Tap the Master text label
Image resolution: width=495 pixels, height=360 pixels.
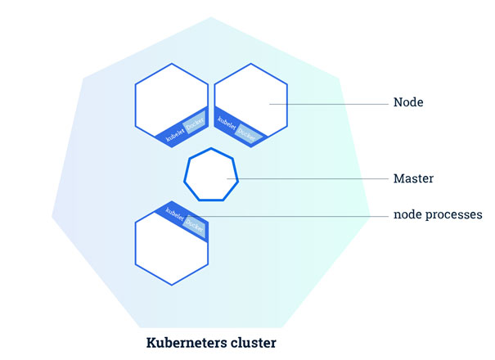click(x=413, y=178)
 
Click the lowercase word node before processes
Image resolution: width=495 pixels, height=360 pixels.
click(x=407, y=215)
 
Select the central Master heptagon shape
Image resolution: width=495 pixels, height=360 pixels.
click(x=210, y=174)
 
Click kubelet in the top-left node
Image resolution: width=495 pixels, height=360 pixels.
click(x=174, y=135)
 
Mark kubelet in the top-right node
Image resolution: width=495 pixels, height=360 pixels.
click(x=226, y=124)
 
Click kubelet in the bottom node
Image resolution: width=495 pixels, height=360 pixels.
click(x=175, y=211)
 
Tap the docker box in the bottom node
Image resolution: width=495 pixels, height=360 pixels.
click(x=194, y=222)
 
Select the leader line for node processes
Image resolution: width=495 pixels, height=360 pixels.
click(x=303, y=216)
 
